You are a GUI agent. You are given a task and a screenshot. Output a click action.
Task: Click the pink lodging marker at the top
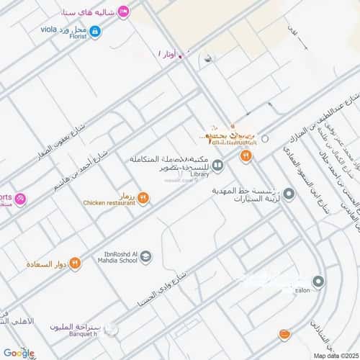123,11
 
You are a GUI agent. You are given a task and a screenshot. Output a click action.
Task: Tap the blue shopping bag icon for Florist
95,31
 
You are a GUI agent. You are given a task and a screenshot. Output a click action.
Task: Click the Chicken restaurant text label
109,203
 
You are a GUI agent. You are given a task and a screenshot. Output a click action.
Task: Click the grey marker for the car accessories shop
289,194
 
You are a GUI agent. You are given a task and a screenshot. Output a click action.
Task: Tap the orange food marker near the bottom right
285,335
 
